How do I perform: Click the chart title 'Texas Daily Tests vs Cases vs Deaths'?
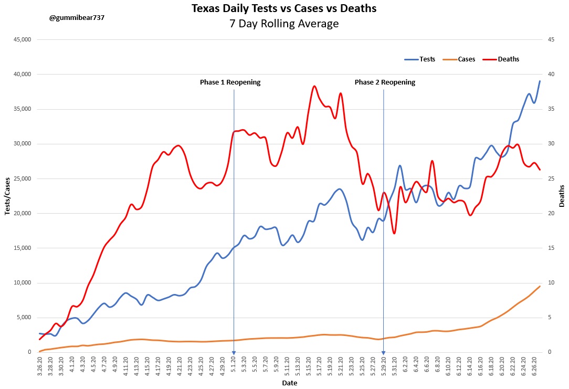point(284,9)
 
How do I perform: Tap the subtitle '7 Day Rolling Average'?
point(284,24)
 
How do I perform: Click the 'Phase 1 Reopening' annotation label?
point(230,82)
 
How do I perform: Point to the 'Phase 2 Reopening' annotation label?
point(385,82)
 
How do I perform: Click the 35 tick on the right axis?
point(551,109)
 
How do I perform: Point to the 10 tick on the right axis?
point(551,283)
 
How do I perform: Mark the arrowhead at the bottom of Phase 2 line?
point(383,353)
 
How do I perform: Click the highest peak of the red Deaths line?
point(314,86)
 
